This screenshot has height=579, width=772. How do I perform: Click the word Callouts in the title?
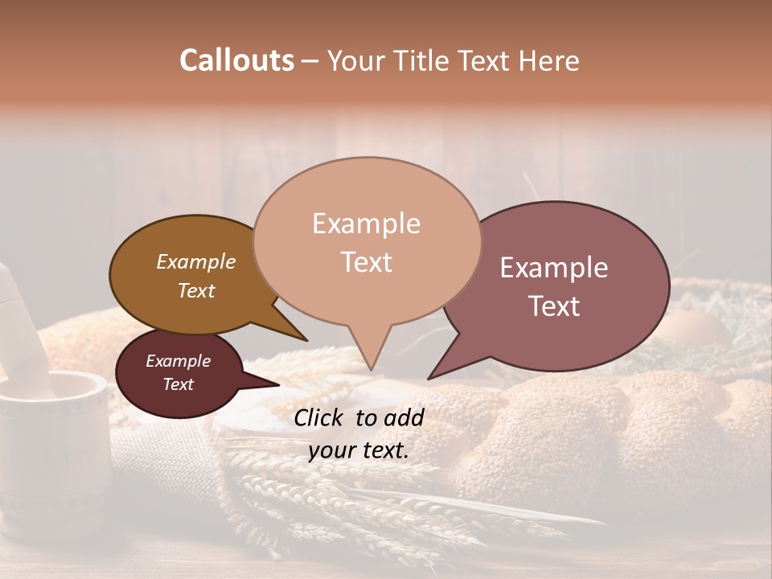pos(236,60)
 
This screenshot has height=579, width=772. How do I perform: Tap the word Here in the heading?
pos(549,60)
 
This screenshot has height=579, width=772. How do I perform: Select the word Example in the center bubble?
pos(366,224)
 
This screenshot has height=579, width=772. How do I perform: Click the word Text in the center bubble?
pos(366,262)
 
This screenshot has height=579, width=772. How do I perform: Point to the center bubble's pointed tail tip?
pos(371,370)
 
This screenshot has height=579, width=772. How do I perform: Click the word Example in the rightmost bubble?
pos(554,268)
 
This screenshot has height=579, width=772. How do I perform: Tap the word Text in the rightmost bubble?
pos(554,306)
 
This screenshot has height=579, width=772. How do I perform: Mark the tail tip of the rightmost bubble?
pos(429,379)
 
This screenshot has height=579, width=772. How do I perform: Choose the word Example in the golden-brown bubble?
pos(196,261)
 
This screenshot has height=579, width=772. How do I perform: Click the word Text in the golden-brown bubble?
pos(196,290)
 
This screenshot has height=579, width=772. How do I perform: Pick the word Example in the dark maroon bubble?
pos(179,361)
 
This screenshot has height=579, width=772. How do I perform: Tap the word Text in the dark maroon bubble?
pos(179,384)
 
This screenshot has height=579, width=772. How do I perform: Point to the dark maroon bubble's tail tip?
pos(279,385)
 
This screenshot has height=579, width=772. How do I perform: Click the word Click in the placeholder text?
pos(321,417)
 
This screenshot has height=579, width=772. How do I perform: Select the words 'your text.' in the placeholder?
pos(359,451)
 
